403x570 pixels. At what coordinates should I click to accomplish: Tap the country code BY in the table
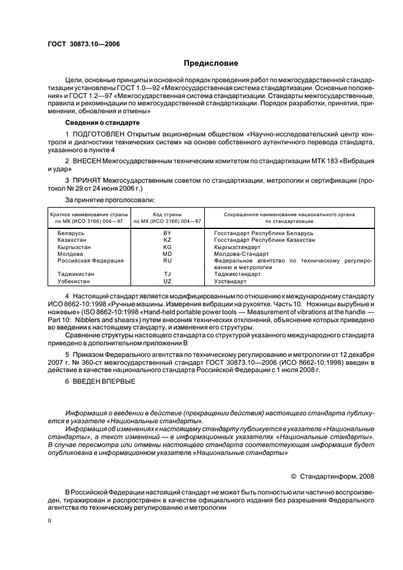pyautogui.click(x=168, y=233)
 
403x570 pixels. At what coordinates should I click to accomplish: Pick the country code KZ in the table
pyautogui.click(x=168, y=240)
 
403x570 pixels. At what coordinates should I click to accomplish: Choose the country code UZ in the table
pyautogui.click(x=168, y=281)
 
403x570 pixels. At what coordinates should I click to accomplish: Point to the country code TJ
pyautogui.click(x=168, y=274)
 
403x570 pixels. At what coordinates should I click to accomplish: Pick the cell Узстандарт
pyautogui.click(x=230, y=281)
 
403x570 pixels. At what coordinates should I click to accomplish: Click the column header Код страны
pyautogui.click(x=168, y=214)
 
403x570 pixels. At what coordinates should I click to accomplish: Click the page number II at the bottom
pyautogui.click(x=50, y=521)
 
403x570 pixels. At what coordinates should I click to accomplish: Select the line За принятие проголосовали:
pyautogui.click(x=109, y=199)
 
